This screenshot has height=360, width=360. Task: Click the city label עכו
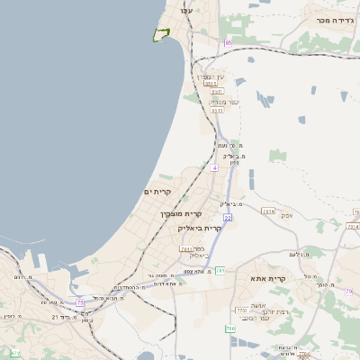[186, 10]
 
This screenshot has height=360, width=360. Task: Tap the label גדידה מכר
[332, 19]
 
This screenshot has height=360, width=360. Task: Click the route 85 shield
[229, 42]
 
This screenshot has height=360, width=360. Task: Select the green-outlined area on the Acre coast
[161, 35]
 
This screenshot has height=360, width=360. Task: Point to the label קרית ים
[157, 192]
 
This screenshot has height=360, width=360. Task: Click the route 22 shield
[229, 217]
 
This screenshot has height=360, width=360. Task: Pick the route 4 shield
[214, 168]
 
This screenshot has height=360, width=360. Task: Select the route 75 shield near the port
[80, 302]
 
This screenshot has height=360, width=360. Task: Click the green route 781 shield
[220, 270]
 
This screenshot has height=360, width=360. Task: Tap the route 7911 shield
[186, 248]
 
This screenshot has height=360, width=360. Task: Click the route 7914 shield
[267, 211]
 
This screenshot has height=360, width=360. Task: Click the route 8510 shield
[216, 91]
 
